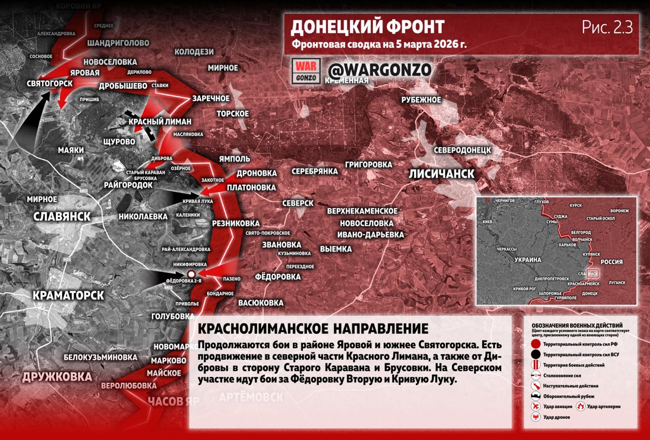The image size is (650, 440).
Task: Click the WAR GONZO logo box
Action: point(306,71)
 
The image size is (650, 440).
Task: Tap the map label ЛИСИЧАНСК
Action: point(442,174)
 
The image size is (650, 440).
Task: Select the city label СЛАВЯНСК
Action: point(61,216)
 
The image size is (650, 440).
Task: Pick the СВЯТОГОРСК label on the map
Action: point(49,83)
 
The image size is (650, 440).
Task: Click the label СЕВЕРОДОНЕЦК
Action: point(462,150)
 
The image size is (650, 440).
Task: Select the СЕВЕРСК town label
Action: point(298,202)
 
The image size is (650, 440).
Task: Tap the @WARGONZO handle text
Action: point(380,70)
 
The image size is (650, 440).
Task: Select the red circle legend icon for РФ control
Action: point(535,344)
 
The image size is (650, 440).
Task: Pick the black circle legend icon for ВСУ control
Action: point(535,355)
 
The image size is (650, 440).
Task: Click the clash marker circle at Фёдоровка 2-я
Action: point(191,275)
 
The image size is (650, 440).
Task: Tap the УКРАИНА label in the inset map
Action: point(528,259)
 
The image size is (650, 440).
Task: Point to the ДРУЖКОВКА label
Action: point(56,377)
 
